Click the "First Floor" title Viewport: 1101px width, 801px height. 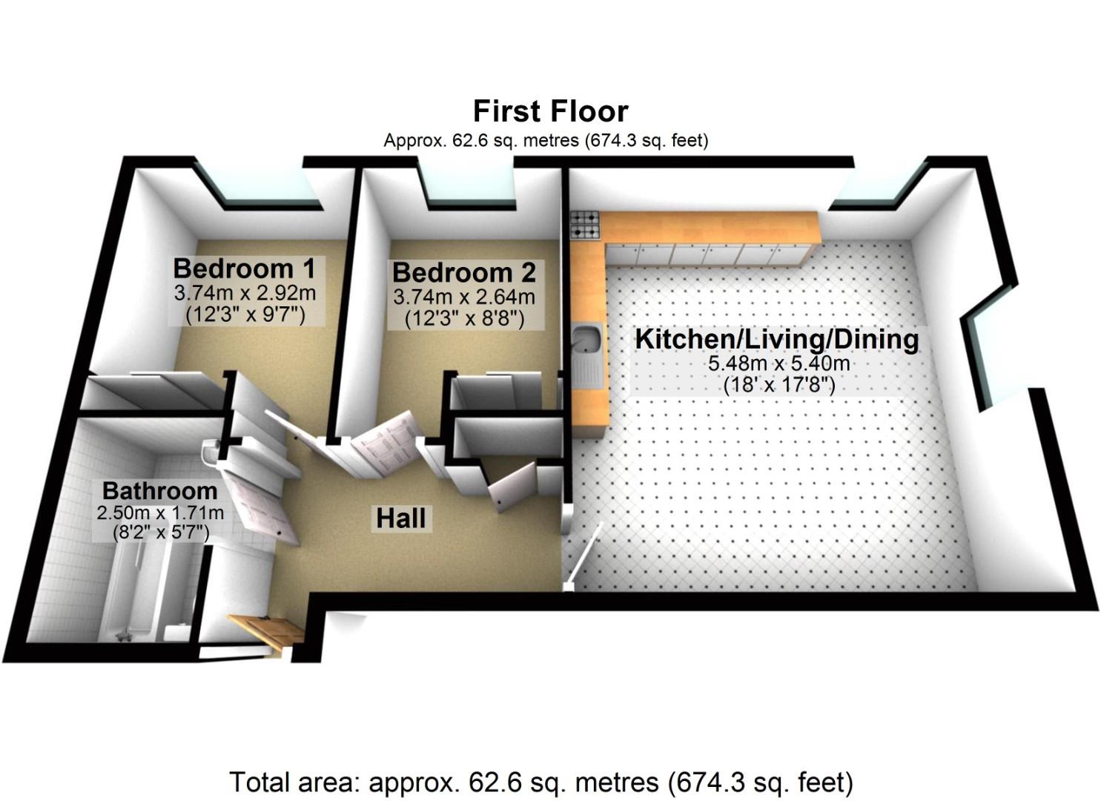(x=550, y=111)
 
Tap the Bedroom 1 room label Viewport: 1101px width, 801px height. (x=244, y=268)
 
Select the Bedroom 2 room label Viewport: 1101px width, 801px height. (x=463, y=272)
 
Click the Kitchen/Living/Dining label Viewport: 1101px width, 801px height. (x=777, y=339)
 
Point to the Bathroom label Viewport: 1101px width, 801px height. (x=159, y=490)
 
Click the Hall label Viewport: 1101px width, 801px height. (x=401, y=518)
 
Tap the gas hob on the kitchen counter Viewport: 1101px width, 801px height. (x=584, y=225)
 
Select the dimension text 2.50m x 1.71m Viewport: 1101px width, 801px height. (x=160, y=512)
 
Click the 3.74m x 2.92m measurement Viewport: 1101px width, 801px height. (x=245, y=293)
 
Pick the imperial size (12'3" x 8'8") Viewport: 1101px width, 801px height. (x=464, y=319)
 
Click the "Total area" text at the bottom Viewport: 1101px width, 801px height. (x=540, y=782)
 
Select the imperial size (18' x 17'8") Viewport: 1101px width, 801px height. (x=779, y=385)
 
